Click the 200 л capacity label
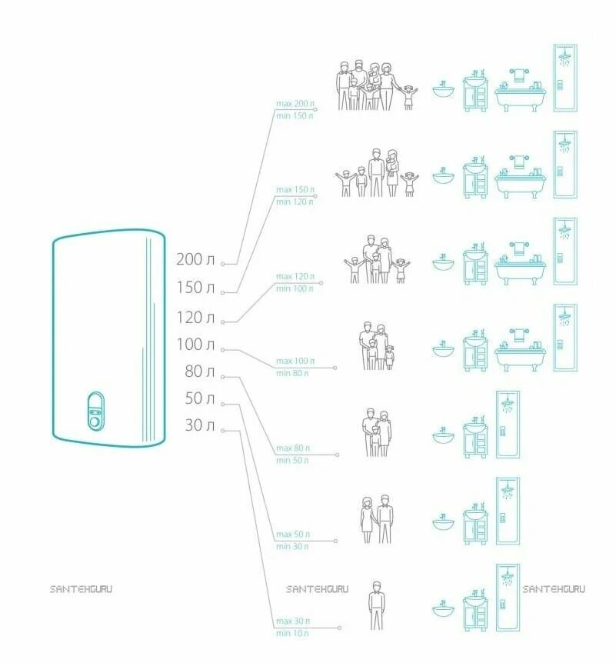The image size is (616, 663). click(195, 260)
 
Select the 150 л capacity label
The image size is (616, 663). click(195, 288)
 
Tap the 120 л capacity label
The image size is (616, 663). click(195, 317)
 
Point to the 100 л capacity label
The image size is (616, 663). click(195, 344)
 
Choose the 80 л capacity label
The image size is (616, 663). click(199, 371)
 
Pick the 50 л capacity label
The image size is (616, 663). click(199, 398)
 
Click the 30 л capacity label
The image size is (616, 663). click(199, 425)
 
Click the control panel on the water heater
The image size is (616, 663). click(95, 411)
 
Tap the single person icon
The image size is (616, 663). click(375, 605)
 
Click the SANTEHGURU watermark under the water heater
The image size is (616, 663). click(80, 589)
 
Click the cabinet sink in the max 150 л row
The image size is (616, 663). click(475, 178)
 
